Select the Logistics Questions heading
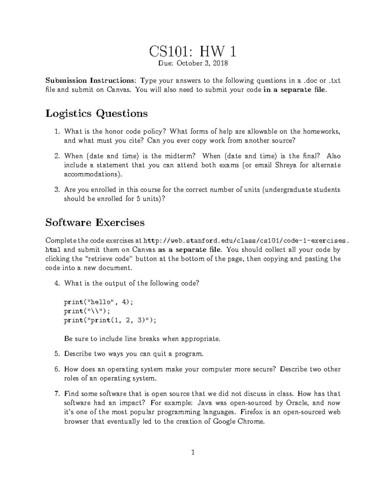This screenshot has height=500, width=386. pyautogui.click(x=96, y=114)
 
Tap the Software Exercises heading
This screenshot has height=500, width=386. pyautogui.click(x=95, y=222)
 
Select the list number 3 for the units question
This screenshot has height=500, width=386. pyautogui.click(x=57, y=190)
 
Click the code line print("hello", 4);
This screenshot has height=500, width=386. pyautogui.click(x=98, y=302)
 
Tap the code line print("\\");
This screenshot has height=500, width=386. pyautogui.click(x=87, y=311)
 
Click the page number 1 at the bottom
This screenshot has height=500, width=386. pyautogui.click(x=193, y=453)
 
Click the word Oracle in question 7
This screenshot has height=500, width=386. pyautogui.click(x=297, y=403)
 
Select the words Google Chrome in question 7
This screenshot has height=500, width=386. pyautogui.click(x=239, y=421)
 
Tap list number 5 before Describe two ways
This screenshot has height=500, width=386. pyautogui.click(x=57, y=354)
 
